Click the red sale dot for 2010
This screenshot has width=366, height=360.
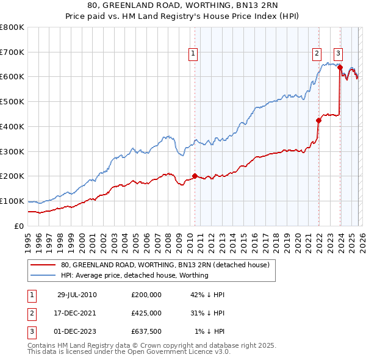click(195, 176)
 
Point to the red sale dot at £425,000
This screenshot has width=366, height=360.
click(318, 120)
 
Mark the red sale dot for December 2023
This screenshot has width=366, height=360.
click(340, 68)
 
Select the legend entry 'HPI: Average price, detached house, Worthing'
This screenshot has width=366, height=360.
click(135, 275)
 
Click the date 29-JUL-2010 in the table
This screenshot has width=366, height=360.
click(77, 295)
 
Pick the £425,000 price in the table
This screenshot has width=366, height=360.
click(146, 313)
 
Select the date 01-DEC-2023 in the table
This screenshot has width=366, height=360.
click(77, 331)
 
